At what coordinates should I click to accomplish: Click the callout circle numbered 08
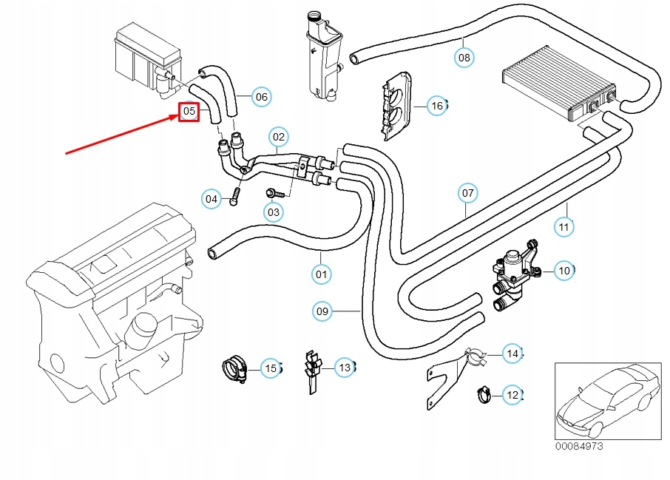pyautogui.click(x=464, y=57)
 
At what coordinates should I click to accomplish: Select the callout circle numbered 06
pyautogui.click(x=261, y=96)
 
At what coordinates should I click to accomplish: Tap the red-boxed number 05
pyautogui.click(x=189, y=112)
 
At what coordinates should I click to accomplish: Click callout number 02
pyautogui.click(x=277, y=136)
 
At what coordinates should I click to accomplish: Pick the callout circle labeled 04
pyautogui.click(x=212, y=198)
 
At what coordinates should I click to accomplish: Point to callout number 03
pyautogui.click(x=274, y=213)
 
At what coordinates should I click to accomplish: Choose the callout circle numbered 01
pyautogui.click(x=320, y=274)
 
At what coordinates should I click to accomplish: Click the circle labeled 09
pyautogui.click(x=322, y=311)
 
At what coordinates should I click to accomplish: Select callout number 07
pyautogui.click(x=467, y=194)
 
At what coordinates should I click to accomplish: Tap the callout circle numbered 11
pyautogui.click(x=564, y=226)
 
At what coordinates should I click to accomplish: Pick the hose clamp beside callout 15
pyautogui.click(x=234, y=368)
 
